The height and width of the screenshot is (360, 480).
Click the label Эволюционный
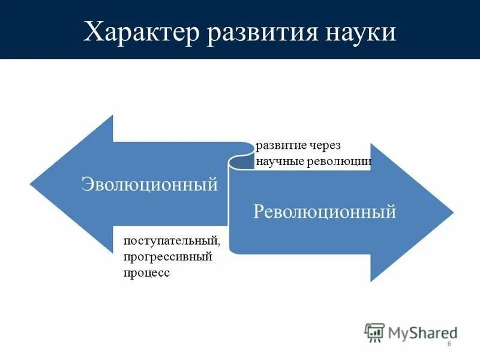(x=149, y=184)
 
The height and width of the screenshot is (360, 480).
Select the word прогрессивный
(x=169, y=257)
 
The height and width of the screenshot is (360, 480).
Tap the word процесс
(x=147, y=272)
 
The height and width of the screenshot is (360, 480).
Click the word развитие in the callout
(x=283, y=146)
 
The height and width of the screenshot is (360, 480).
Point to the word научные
(x=281, y=161)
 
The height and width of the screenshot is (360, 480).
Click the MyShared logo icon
(x=374, y=332)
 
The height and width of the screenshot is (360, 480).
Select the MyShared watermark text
(x=421, y=332)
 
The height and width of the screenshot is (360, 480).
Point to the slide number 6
(x=449, y=349)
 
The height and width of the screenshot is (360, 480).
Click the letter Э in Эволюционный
(x=86, y=184)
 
